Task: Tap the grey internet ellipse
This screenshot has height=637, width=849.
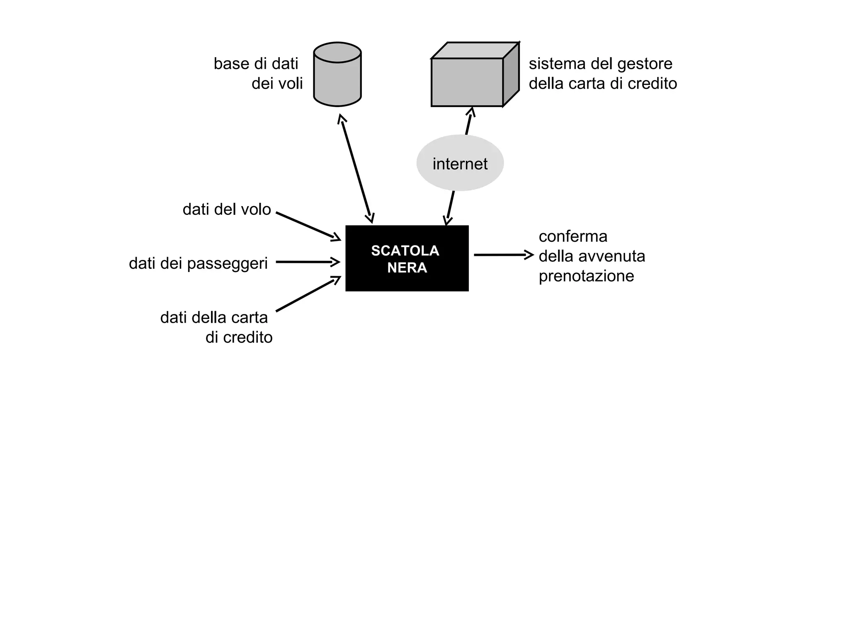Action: click(460, 163)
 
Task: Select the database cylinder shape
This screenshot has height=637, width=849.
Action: click(337, 75)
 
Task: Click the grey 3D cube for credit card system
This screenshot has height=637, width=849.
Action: click(468, 82)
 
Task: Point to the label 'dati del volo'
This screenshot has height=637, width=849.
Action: click(226, 209)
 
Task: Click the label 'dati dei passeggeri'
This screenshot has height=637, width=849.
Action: click(198, 263)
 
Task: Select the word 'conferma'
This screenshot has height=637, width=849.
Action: click(573, 236)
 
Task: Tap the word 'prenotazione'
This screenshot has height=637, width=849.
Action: click(586, 276)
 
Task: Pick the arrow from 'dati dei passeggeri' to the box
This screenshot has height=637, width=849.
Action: click(308, 262)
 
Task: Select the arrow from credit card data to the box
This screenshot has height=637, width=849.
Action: click(308, 294)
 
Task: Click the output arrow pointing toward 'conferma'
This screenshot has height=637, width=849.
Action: click(503, 255)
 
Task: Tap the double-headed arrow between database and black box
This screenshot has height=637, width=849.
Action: click(356, 169)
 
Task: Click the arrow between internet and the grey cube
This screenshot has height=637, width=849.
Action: click(469, 121)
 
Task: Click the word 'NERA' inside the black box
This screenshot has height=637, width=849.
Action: click(407, 268)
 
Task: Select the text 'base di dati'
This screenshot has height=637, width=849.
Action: click(256, 64)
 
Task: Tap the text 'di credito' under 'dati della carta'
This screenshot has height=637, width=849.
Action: click(239, 338)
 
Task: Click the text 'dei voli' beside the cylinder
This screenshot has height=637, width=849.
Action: click(277, 84)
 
